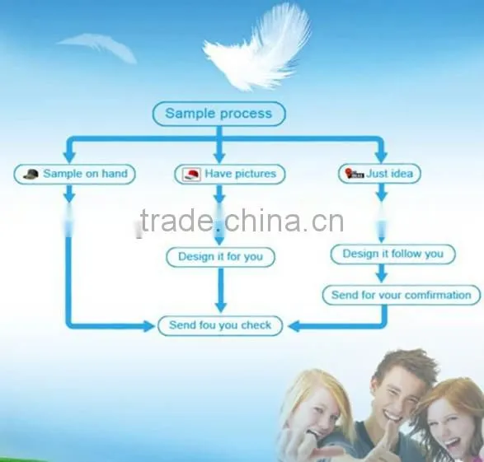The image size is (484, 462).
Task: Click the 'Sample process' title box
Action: point(219,114)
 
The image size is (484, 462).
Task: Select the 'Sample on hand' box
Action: point(75,174)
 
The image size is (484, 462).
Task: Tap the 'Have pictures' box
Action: point(230,174)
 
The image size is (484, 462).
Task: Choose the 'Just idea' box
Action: point(379,174)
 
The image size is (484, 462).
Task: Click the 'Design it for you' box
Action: point(220,257)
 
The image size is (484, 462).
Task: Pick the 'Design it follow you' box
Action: point(393,254)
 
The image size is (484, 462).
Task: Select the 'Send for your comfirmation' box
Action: point(402,296)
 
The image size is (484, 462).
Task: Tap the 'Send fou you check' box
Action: point(220,325)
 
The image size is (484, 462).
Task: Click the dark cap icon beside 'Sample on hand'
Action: point(31,174)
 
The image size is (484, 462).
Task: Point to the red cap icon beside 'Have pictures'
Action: point(191,175)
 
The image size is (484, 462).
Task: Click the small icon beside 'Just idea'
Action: point(355,174)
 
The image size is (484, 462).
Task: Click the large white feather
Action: point(258,48)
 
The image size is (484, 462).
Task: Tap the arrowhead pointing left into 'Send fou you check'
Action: point(294,326)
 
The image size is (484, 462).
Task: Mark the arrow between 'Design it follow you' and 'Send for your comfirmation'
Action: point(382,273)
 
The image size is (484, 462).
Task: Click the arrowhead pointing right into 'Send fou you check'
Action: point(148,326)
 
